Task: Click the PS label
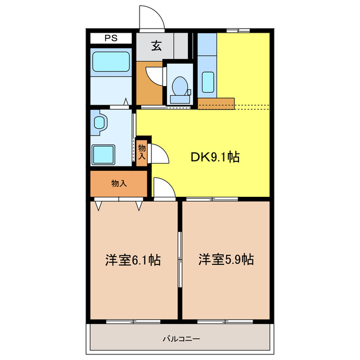111,38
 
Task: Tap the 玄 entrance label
156,46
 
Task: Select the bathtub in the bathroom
111,62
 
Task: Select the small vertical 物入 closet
142,151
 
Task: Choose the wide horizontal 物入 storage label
118,183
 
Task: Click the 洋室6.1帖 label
133,260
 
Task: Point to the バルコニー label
181,339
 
